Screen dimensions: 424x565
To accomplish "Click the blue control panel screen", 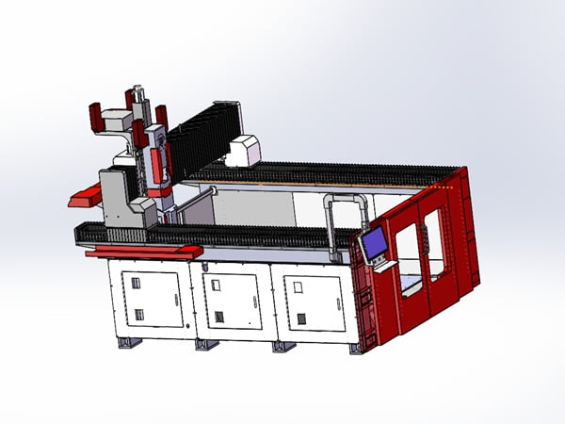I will [x=375, y=245].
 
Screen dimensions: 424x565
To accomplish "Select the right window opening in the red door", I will [x=434, y=242].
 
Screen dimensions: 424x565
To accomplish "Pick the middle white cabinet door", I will [x=230, y=300].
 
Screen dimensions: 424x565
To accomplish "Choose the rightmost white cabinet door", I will [x=308, y=300].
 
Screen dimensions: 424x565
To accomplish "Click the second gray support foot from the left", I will [x=205, y=345].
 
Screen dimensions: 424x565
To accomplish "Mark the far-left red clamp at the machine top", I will [x=95, y=118].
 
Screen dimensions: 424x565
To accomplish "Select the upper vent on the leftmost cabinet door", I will [x=135, y=283].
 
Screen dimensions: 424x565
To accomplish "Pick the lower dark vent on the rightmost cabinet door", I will [x=301, y=318].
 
